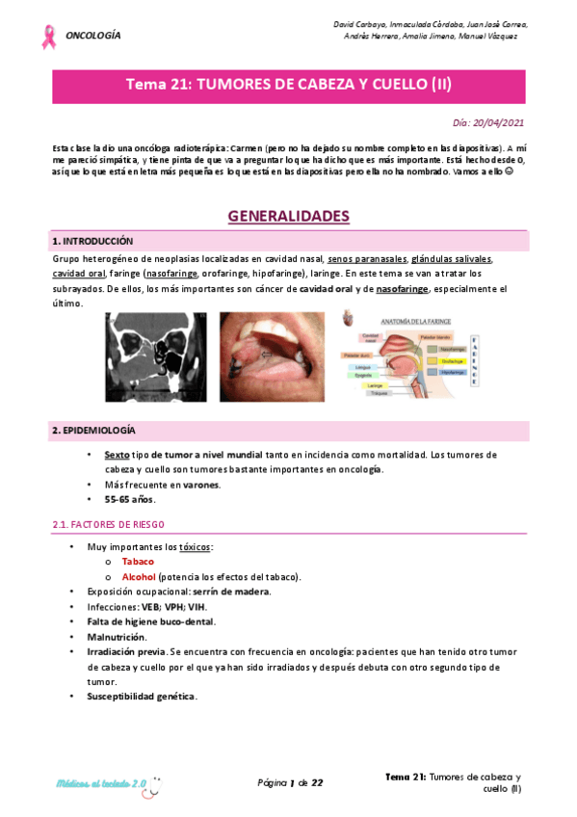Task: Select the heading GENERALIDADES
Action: [x=288, y=216]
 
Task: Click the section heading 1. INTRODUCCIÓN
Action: [x=92, y=241]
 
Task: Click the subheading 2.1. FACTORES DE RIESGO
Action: [x=108, y=524]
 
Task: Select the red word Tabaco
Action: [x=138, y=561]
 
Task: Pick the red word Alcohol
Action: [x=139, y=576]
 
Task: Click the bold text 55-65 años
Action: [x=130, y=499]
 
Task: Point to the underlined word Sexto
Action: [x=117, y=454]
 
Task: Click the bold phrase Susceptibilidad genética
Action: [x=142, y=696]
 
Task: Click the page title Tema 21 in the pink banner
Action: [x=288, y=85]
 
